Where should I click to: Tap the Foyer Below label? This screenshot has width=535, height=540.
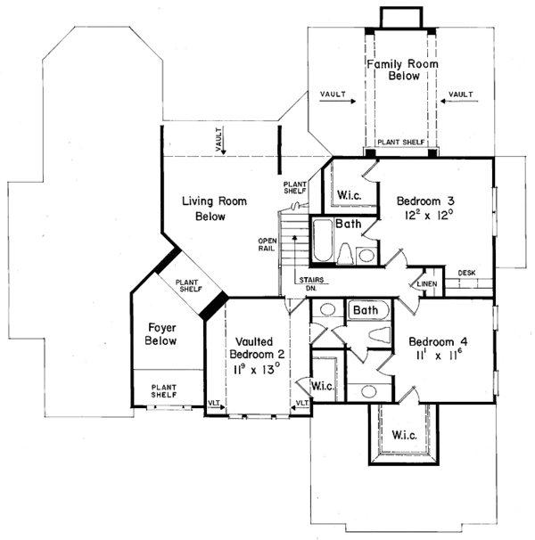(x=160, y=333)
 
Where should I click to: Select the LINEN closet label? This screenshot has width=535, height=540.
(x=424, y=283)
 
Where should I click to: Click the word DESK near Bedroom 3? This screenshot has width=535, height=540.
(x=465, y=273)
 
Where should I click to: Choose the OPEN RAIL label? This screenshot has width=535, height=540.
(x=267, y=246)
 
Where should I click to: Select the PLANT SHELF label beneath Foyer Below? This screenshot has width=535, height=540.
(x=164, y=392)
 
